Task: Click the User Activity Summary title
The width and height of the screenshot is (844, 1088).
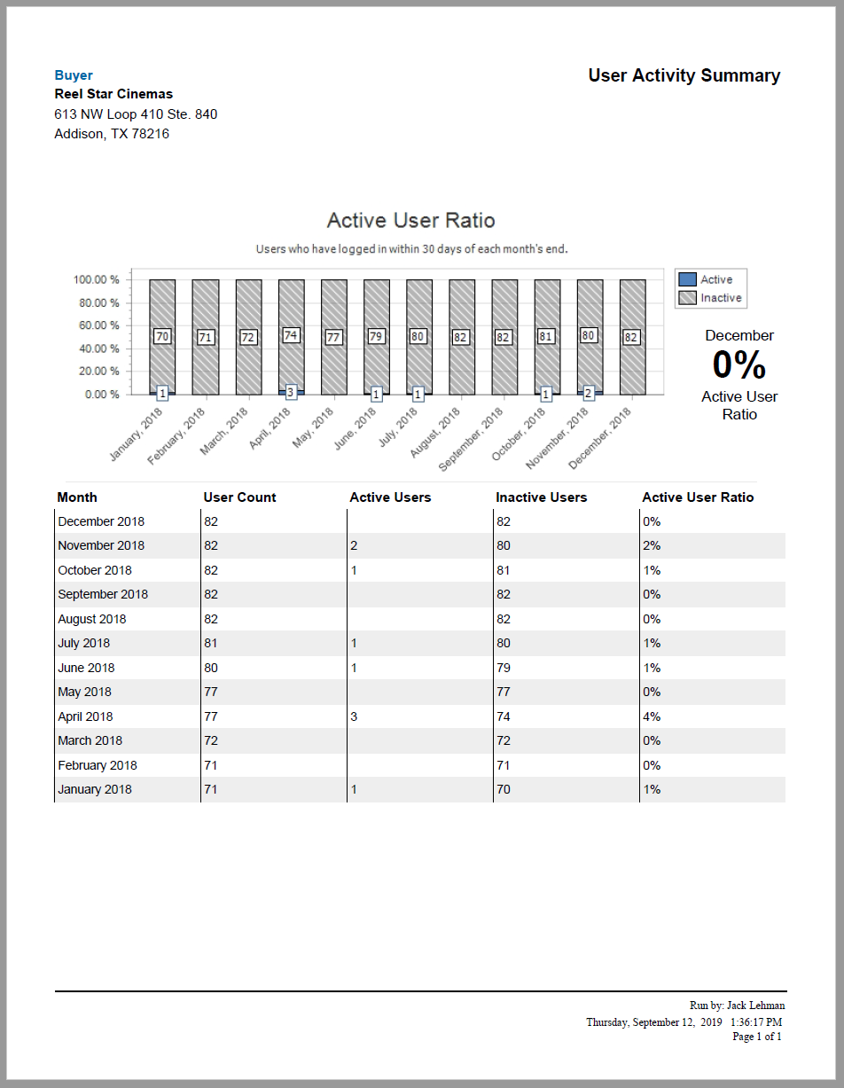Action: click(x=684, y=75)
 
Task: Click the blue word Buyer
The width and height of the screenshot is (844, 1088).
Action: click(x=74, y=75)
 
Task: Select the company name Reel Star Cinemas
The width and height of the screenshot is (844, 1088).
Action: click(x=113, y=94)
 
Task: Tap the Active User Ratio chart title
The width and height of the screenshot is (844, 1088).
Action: click(x=410, y=220)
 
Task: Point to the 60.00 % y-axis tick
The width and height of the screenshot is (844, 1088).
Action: click(x=96, y=325)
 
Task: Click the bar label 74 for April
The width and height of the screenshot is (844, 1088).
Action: click(x=291, y=335)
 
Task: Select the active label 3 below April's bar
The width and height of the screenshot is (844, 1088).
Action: click(x=291, y=392)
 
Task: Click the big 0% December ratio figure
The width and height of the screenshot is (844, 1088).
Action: click(x=738, y=365)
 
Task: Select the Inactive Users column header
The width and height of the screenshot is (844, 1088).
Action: click(x=541, y=497)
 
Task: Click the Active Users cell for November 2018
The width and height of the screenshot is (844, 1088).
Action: click(x=354, y=545)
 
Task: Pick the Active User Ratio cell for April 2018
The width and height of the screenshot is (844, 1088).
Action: click(x=651, y=716)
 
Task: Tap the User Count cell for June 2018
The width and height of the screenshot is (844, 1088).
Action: click(x=211, y=668)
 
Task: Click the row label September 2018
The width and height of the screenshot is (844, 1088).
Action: click(x=103, y=594)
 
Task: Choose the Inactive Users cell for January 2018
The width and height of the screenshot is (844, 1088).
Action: click(x=503, y=789)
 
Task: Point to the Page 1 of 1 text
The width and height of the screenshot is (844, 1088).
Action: click(x=756, y=1036)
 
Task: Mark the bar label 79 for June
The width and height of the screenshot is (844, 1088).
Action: click(x=376, y=337)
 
